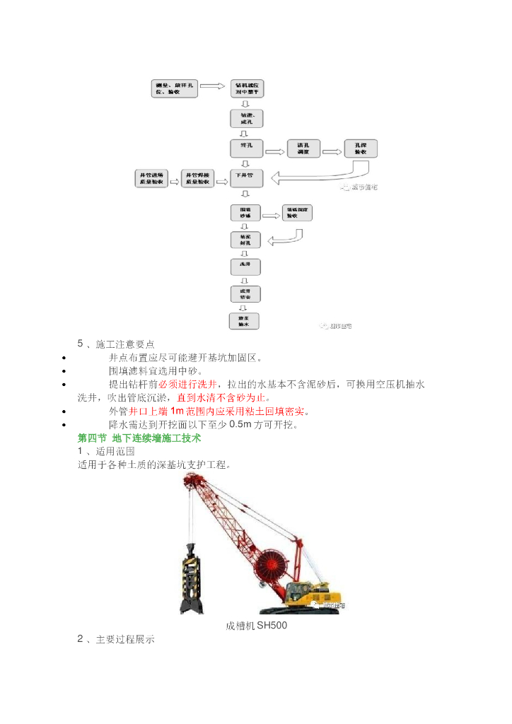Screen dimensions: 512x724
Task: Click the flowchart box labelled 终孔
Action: coord(246,148)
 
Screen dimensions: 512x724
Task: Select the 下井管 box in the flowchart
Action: coord(246,177)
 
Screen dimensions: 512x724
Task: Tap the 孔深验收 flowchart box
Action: coord(361,148)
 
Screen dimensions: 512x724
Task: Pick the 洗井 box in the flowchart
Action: coord(245,267)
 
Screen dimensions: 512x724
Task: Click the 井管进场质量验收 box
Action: coord(151,177)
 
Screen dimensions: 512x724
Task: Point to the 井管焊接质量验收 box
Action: coord(197,177)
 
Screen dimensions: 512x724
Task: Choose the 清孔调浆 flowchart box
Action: coord(303,148)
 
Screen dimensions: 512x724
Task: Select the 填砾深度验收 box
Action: coord(297,213)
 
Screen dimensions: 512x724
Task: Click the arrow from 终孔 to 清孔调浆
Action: coord(274,149)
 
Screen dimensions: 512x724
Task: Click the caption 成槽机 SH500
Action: coord(256,626)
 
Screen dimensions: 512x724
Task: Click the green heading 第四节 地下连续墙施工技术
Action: coord(139,438)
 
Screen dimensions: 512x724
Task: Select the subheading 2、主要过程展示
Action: coord(116,639)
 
